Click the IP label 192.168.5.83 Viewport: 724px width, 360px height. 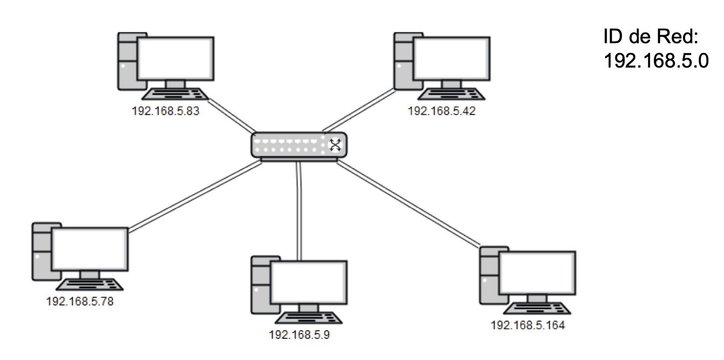tap(165, 111)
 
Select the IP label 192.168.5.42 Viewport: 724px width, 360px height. tap(441, 111)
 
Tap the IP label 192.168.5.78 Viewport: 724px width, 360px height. tap(80, 302)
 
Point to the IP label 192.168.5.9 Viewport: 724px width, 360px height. tap(299, 335)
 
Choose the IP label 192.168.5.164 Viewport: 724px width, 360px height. tap(528, 325)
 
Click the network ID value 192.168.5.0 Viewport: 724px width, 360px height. tap(656, 61)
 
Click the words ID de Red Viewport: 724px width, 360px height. tap(651, 36)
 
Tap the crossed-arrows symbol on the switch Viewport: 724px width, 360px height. tap(335, 145)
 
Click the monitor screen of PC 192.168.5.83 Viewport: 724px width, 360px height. tap(176, 58)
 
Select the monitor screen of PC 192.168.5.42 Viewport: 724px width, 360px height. tap(452, 58)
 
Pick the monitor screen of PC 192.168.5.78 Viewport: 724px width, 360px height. tap(90, 249)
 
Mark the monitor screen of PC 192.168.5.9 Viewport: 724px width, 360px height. tap(309, 282)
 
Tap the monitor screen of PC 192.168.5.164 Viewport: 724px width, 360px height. tap(537, 272)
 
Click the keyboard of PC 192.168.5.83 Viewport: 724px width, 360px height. tap(175, 94)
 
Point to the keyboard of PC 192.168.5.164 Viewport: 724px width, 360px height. tap(537, 308)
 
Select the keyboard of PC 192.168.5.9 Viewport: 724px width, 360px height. tap(309, 318)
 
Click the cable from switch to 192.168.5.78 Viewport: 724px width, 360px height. tap(195, 196)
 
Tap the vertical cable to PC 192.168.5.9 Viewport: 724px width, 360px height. tap(299, 211)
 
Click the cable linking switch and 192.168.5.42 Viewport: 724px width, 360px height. tap(359, 110)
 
